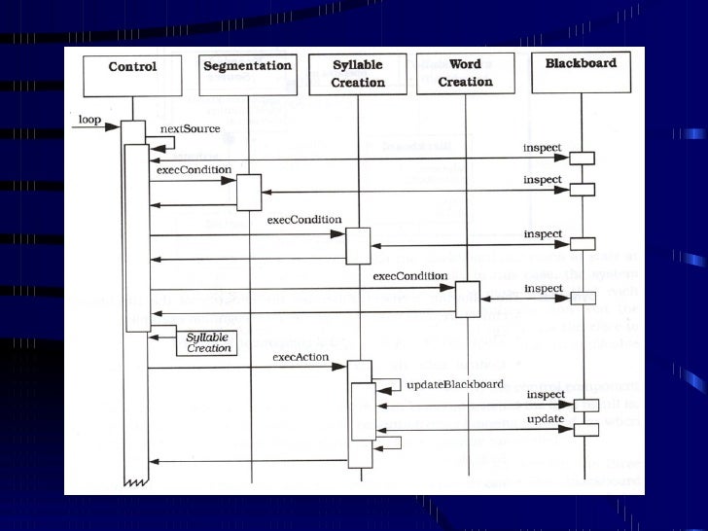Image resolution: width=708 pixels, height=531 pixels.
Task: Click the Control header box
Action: point(132,75)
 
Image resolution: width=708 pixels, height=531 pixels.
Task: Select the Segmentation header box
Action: point(247,74)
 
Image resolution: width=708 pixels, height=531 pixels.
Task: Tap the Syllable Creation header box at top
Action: point(357,74)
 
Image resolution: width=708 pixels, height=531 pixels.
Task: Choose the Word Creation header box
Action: point(465,74)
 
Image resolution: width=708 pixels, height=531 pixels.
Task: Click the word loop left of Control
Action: point(89,120)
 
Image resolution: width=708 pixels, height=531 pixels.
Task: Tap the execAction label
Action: point(301,359)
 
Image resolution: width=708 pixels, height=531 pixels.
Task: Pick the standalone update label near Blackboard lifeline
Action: point(544,419)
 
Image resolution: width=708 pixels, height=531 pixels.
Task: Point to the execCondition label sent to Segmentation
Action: point(193,169)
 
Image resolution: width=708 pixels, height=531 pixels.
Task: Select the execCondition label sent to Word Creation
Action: point(409,277)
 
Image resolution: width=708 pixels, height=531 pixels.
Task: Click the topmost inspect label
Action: point(543,148)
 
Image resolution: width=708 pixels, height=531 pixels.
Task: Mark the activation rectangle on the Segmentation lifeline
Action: point(249,193)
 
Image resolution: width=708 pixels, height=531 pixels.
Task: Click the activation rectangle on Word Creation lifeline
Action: point(468,299)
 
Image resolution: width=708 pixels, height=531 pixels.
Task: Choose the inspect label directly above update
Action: point(546,395)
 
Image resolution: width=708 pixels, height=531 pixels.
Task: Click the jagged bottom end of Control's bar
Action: point(134,480)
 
